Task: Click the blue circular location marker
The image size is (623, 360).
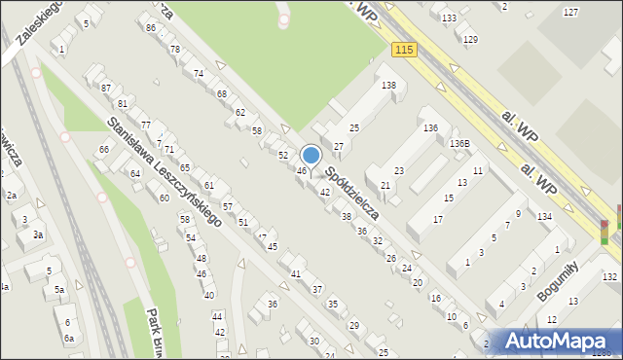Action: point(311,155)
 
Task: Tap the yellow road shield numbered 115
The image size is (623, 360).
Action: point(405,49)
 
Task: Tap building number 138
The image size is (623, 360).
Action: point(388,86)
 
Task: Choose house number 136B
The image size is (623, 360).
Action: point(459,143)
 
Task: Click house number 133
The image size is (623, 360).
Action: point(448,18)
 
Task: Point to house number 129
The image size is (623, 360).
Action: point(470,39)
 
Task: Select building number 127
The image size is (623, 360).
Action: point(570,12)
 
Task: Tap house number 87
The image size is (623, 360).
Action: point(106,88)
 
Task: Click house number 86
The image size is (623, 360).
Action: point(150,27)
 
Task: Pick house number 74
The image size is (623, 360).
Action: point(199,73)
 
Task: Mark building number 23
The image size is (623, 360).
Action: point(399,170)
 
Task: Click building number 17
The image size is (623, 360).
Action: point(438,219)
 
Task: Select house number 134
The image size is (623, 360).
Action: point(544,216)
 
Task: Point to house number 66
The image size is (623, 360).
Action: point(103,149)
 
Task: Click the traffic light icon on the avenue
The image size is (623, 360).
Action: point(605,232)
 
